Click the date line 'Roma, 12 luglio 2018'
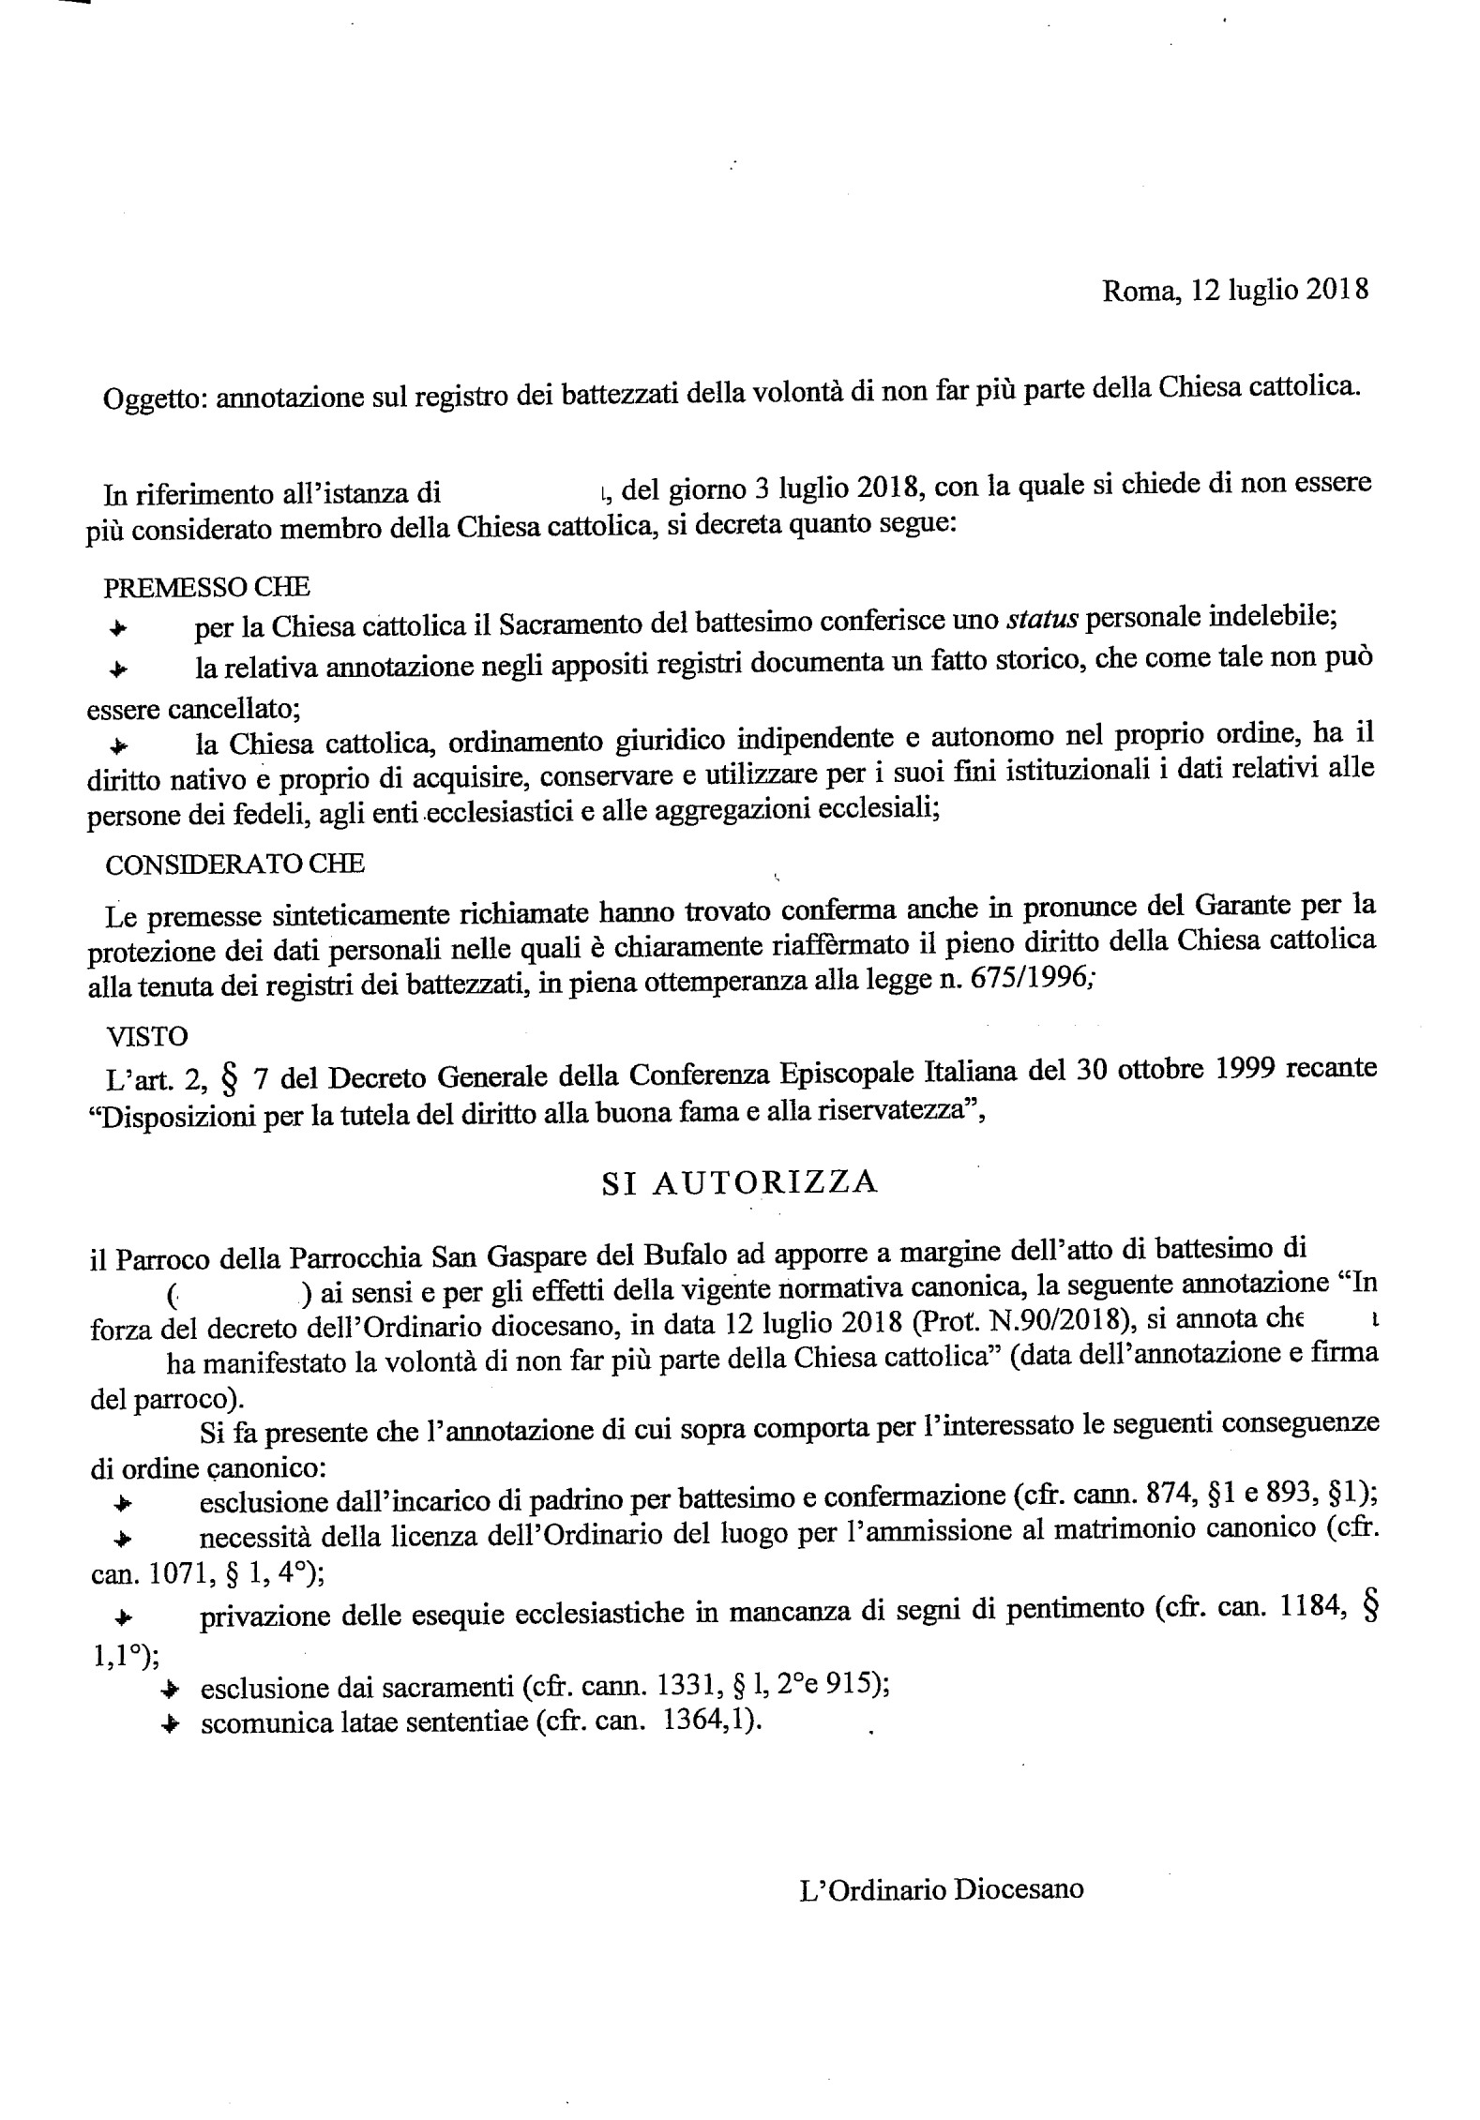click(x=1234, y=291)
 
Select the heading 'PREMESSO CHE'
click(x=207, y=588)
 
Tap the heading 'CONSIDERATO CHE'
click(x=234, y=865)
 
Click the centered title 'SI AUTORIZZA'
click(x=739, y=1183)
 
